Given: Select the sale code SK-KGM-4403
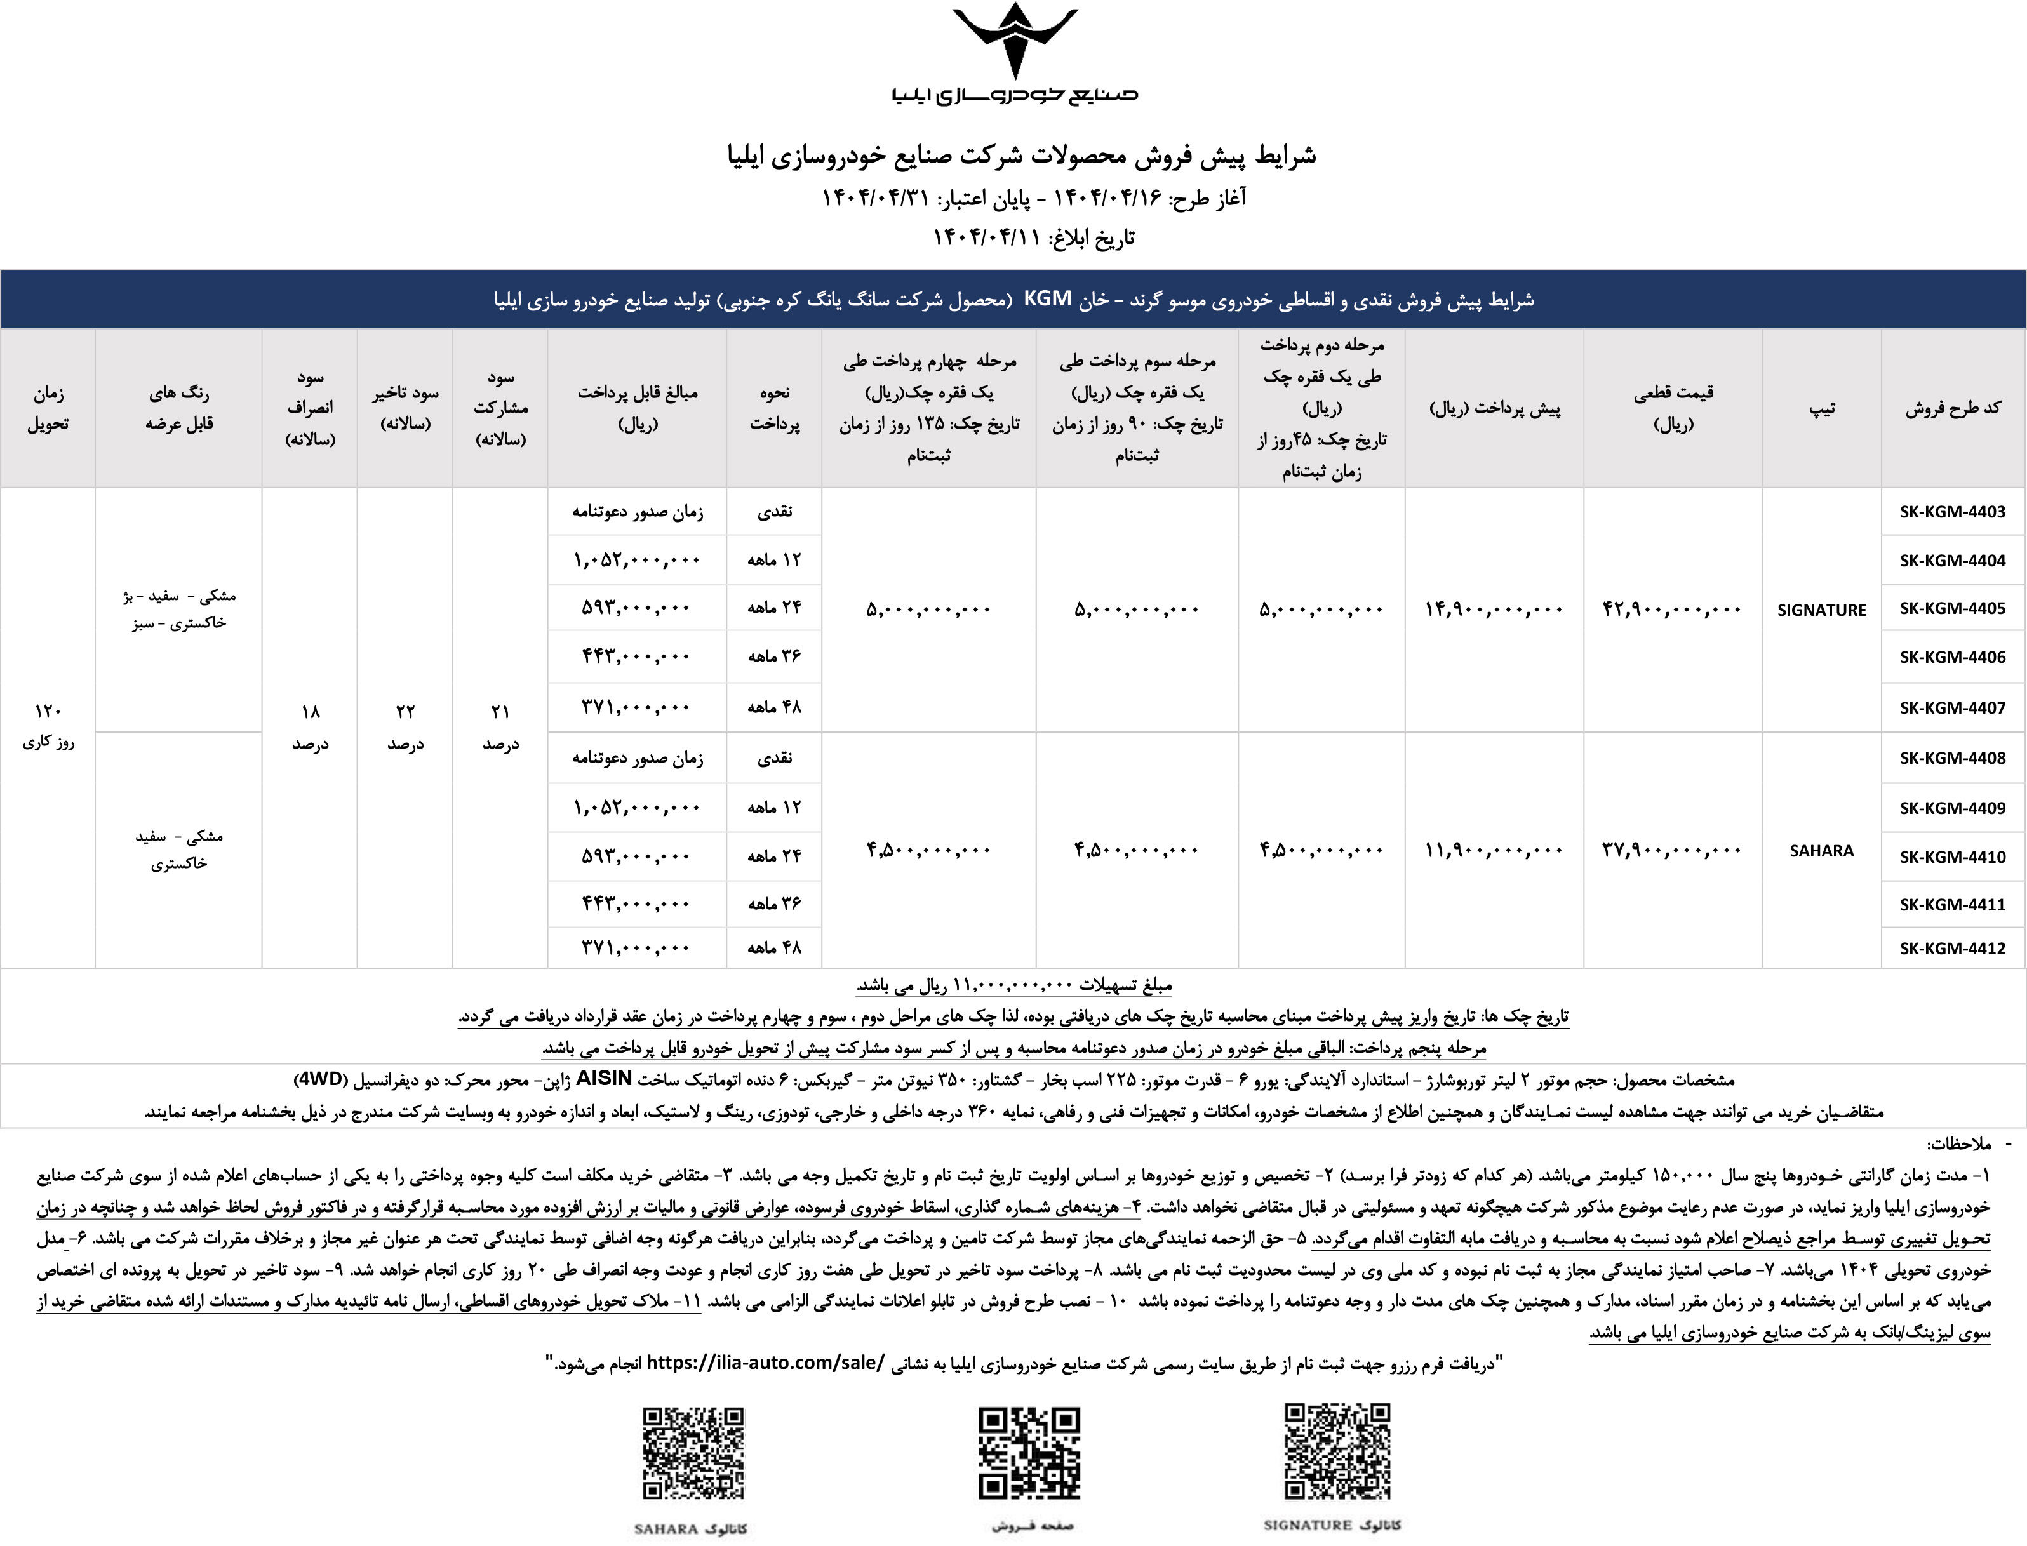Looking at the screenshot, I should [x=1951, y=512].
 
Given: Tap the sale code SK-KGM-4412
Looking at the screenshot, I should [x=1951, y=948].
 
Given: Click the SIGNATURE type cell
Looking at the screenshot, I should [x=1821, y=610].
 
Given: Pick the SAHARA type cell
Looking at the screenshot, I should [x=1821, y=850].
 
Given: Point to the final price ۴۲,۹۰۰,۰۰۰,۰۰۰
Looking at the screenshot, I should [x=1671, y=610].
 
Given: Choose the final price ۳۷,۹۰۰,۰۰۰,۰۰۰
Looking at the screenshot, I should [x=1671, y=850].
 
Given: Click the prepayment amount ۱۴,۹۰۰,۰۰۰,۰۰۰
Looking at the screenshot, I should [x=1493, y=610].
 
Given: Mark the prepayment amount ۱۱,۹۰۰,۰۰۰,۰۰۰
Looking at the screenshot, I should [x=1493, y=850].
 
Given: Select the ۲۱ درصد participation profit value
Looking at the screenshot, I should [x=500, y=726].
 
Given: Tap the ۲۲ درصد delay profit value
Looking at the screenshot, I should [x=405, y=726].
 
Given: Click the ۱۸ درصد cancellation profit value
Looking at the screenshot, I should [x=311, y=726].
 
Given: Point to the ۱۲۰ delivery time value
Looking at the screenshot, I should [x=48, y=711].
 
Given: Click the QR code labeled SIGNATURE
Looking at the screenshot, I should [x=1337, y=1451].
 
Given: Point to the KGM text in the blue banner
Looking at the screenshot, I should [x=1048, y=299].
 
